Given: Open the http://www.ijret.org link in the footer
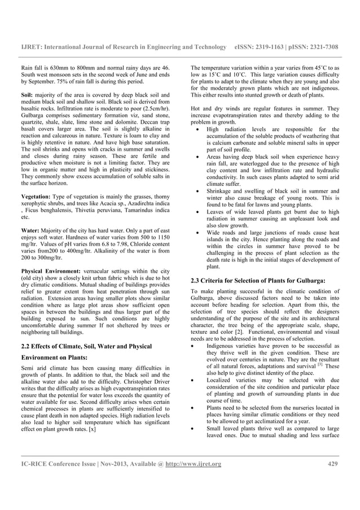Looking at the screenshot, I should coord(191,464).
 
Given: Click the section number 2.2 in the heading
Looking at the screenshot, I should coord(27,346).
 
